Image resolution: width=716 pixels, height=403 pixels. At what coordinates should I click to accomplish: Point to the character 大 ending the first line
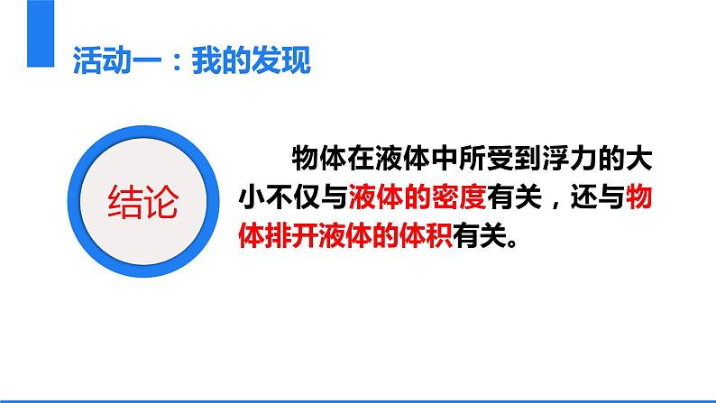click(x=638, y=159)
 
